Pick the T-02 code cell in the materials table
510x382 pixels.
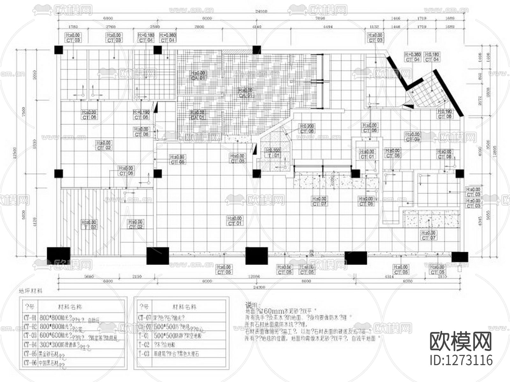[x=144, y=344]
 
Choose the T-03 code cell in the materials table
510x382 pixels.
[x=144, y=354]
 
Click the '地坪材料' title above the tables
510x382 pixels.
[x=31, y=291]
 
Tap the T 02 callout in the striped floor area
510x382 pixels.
[x=89, y=225]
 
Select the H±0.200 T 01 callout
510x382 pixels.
[x=273, y=153]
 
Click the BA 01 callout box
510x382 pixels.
[x=198, y=115]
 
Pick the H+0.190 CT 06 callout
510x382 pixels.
[x=141, y=115]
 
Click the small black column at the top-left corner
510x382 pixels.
[x=59, y=50]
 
